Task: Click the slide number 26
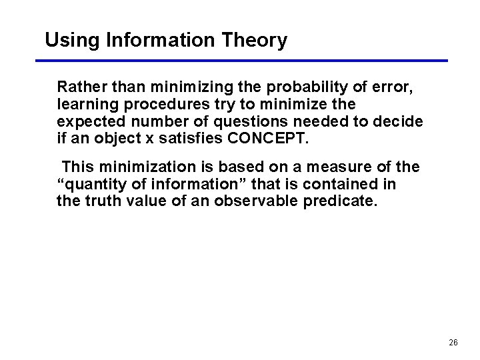pyautogui.click(x=453, y=342)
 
